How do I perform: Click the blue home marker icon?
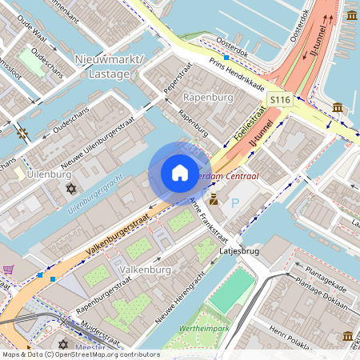click(179, 173)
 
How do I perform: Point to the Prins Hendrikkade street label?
click(237, 72)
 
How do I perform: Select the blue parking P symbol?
click(235, 202)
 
